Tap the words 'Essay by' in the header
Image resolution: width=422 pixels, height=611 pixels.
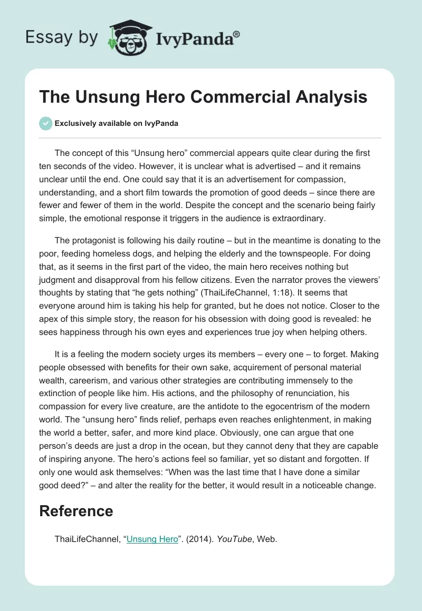62,37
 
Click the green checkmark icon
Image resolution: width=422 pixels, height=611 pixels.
46,123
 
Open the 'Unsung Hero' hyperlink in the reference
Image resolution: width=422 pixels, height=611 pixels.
152,539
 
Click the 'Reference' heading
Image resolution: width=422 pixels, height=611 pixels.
76,511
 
